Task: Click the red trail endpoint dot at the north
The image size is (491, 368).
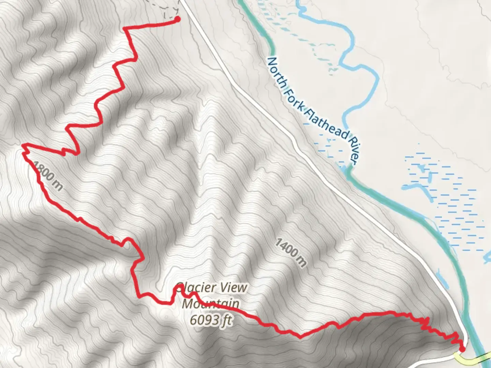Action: point(177,19)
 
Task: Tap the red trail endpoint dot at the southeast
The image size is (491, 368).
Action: point(462,349)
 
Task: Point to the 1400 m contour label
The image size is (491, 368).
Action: point(291,252)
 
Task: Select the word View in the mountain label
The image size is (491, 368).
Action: point(233,288)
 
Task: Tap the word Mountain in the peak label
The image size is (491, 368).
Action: point(210,304)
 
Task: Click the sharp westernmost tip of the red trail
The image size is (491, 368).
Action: point(23,145)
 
